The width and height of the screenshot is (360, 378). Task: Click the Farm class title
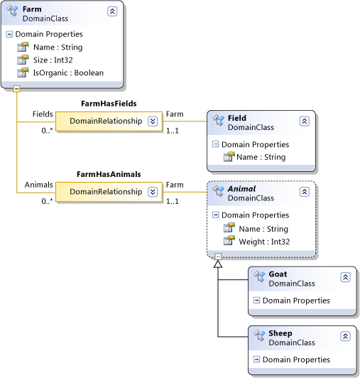(32, 9)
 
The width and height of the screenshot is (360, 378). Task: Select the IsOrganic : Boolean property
(68, 72)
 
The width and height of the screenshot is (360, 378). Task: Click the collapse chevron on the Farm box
(112, 11)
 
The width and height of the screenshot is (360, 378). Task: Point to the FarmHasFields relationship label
(109, 103)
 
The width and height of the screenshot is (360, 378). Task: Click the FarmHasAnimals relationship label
(109, 173)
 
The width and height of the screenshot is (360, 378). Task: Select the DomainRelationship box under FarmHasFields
(106, 121)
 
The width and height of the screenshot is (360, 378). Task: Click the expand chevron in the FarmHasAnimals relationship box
(152, 192)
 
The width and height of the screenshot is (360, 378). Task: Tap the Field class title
(237, 118)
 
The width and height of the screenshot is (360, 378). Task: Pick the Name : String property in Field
(261, 157)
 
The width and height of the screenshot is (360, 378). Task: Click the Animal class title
(242, 189)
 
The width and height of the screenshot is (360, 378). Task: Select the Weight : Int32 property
(263, 242)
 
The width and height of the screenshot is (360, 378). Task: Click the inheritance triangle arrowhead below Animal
(218, 264)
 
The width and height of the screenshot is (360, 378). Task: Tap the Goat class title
(278, 274)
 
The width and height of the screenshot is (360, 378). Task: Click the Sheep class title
(280, 333)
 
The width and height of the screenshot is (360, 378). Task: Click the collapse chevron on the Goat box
(345, 278)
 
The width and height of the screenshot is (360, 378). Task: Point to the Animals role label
(38, 185)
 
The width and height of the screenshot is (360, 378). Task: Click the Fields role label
(43, 114)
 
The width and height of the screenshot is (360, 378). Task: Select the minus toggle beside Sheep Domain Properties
(257, 360)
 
